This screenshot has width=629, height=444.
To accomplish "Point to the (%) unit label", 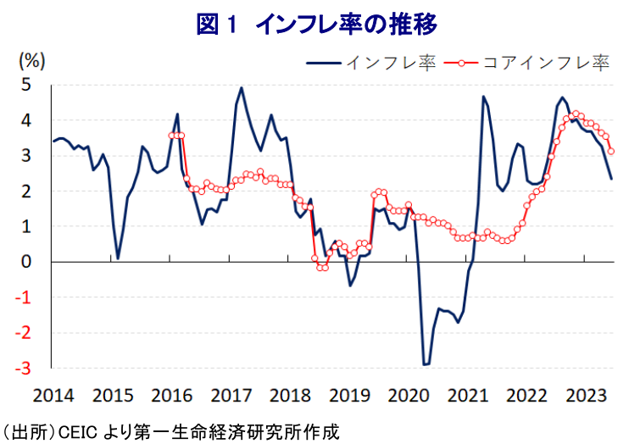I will (31, 62).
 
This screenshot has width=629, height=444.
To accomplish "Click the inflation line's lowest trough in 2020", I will (426, 364).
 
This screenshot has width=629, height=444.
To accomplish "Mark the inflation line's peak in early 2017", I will (242, 87).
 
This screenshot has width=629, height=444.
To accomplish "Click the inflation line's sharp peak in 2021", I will (483, 97).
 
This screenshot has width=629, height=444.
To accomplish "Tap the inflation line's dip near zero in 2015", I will (118, 258).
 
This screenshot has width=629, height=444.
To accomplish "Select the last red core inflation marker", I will (611, 152).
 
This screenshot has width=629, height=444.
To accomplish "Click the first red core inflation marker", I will (172, 136).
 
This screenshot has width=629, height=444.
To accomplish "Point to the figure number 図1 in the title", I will (220, 25).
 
